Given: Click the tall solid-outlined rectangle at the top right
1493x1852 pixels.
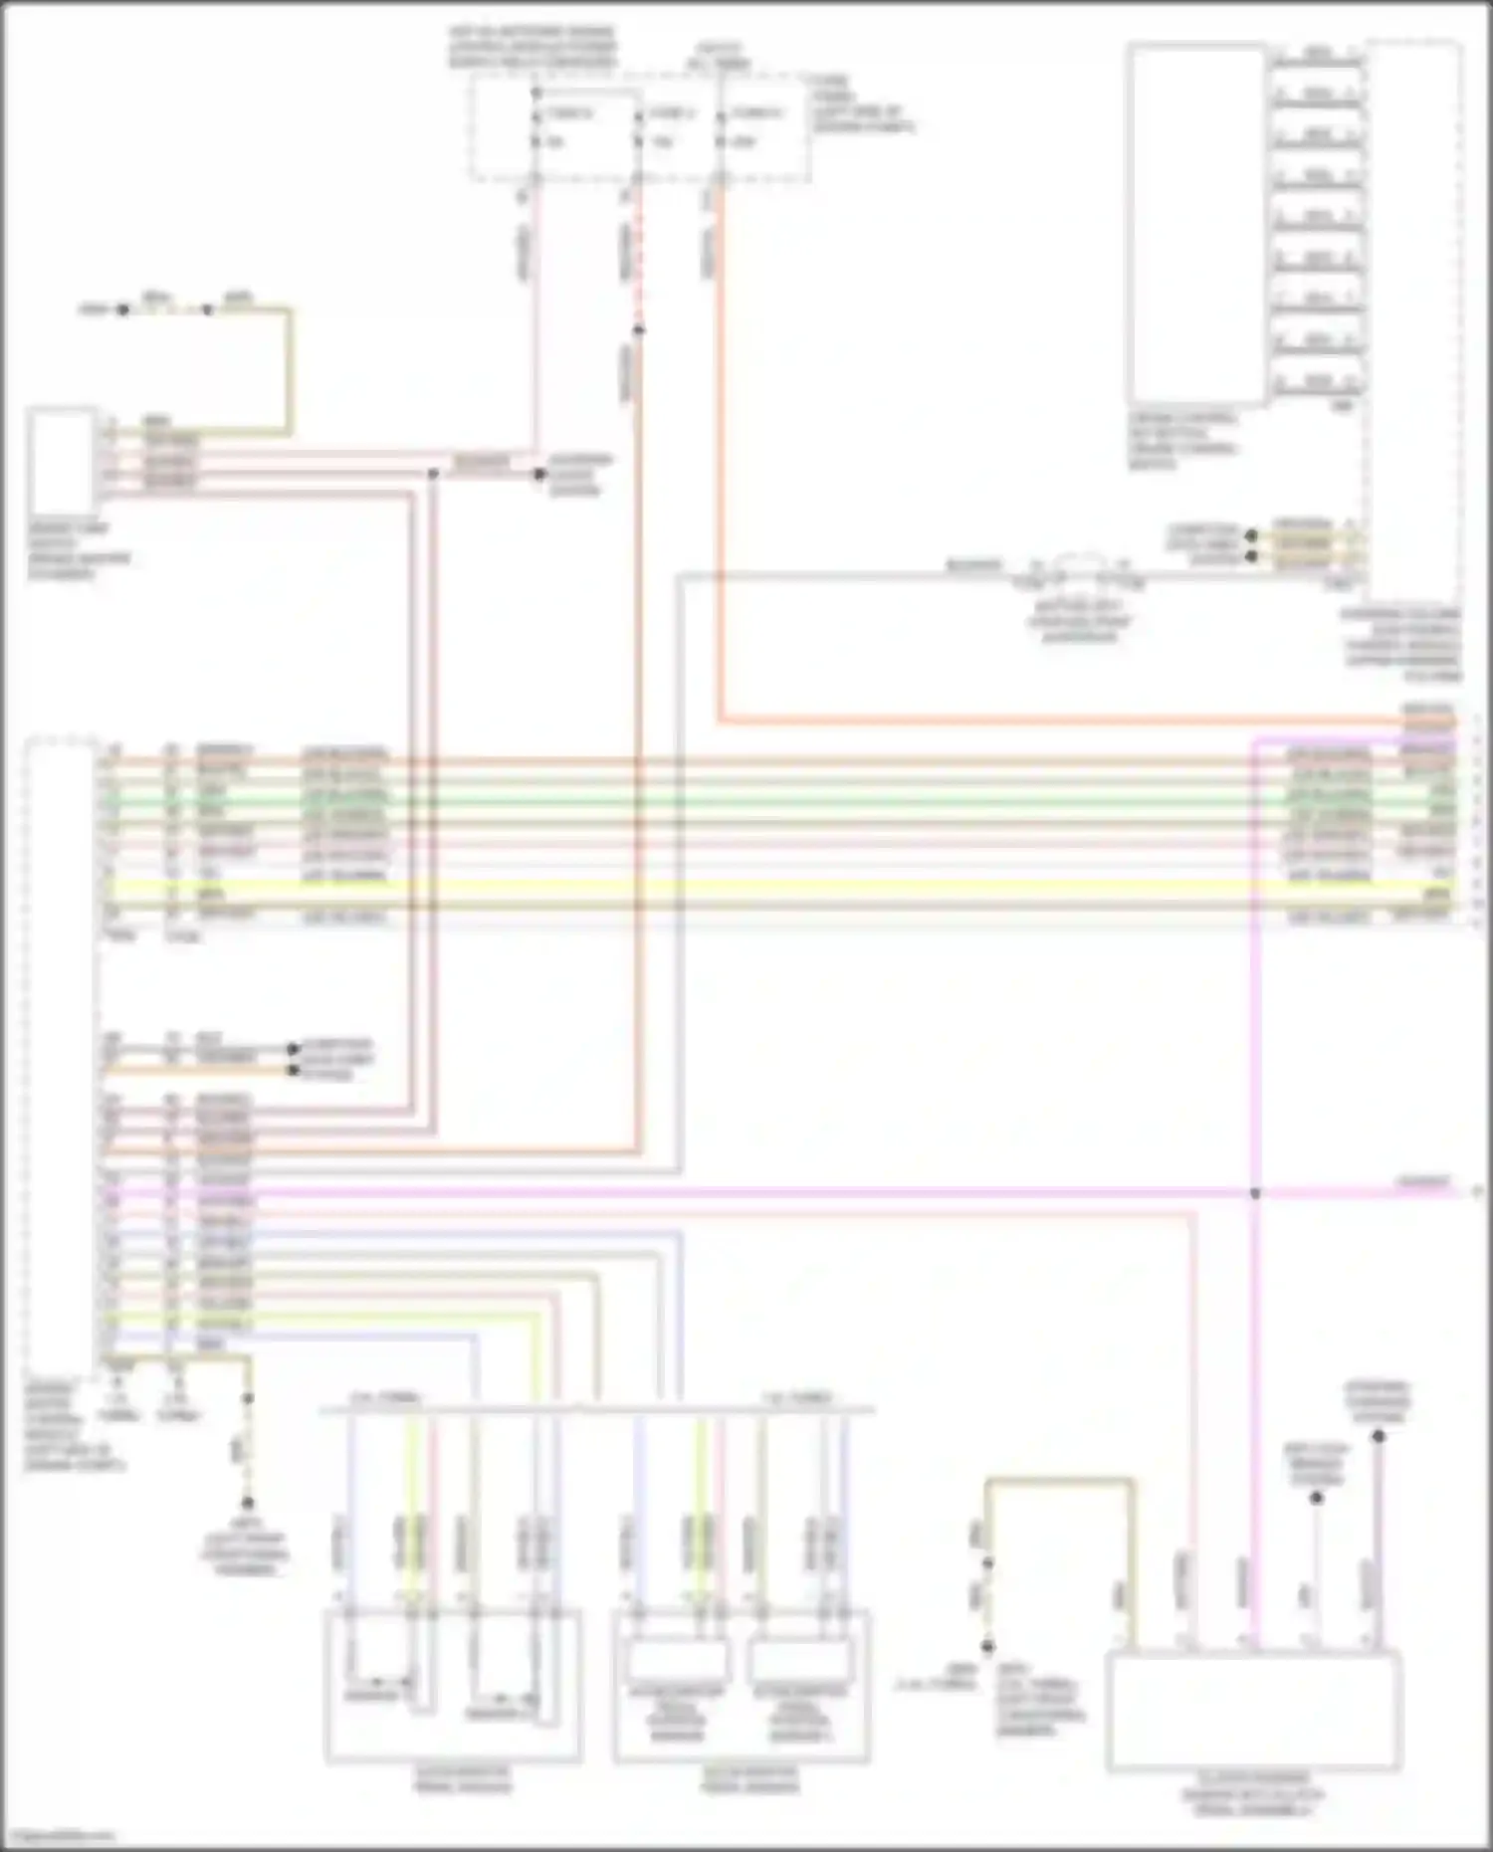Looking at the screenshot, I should pyautogui.click(x=1195, y=224).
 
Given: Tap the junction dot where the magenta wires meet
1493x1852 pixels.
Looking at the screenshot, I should pyautogui.click(x=1255, y=1192).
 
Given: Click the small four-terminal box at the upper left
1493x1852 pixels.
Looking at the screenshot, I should pyautogui.click(x=62, y=460).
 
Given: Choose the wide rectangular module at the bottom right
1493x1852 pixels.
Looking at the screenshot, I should pyautogui.click(x=1254, y=1711).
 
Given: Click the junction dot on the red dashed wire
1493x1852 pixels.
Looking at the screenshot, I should pyautogui.click(x=638, y=329).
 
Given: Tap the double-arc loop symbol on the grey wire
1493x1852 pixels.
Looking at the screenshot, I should pyautogui.click(x=1081, y=565).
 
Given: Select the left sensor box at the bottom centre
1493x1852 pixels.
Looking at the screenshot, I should pyautogui.click(x=453, y=1686).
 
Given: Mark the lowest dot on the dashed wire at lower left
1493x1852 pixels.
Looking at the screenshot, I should pyautogui.click(x=248, y=1503).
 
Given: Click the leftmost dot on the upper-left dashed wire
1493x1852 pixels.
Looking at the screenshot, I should pyautogui.click(x=122, y=309).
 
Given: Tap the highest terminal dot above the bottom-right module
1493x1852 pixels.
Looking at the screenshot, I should pyautogui.click(x=1379, y=1436).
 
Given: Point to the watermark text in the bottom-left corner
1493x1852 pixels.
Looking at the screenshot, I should pyautogui.click(x=58, y=1837).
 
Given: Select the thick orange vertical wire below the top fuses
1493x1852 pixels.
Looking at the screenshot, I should pyautogui.click(x=720, y=448).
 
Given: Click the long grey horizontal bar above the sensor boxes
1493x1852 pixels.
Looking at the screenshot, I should pyautogui.click(x=597, y=1409).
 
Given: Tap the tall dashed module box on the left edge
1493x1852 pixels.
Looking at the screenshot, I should pyautogui.click(x=62, y=1055).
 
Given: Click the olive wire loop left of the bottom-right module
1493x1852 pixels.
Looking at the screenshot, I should pyautogui.click(x=1060, y=1483).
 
